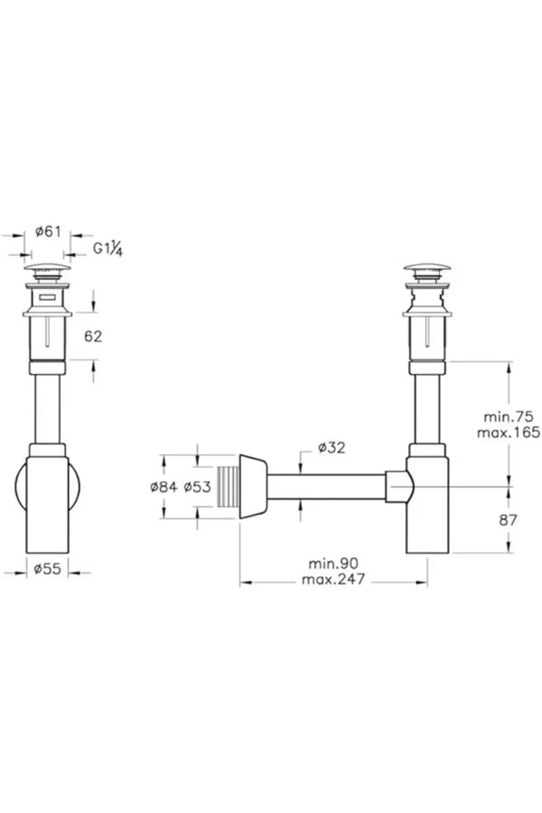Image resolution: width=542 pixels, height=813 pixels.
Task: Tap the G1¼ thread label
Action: tap(108, 249)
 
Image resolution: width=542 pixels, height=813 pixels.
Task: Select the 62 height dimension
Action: tap(93, 336)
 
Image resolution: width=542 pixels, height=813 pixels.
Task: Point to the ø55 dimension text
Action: tap(47, 569)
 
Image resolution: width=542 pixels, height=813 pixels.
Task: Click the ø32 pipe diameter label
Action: tap(332, 448)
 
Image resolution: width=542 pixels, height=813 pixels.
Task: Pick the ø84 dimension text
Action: tap(164, 487)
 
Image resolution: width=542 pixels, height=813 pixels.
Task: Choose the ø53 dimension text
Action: tap(197, 487)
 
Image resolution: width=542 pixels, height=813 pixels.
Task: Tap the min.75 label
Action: tap(509, 416)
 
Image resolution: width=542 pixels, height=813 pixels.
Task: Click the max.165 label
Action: tap(509, 433)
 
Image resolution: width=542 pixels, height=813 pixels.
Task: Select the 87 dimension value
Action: tap(508, 520)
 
